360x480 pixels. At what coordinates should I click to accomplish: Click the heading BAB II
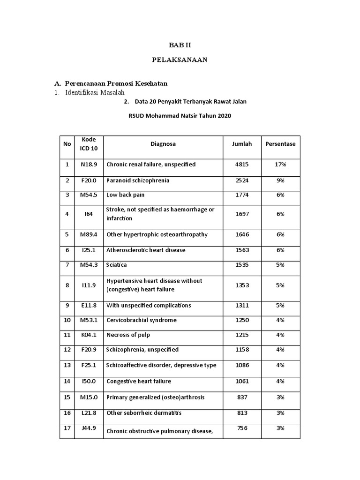tap(180, 45)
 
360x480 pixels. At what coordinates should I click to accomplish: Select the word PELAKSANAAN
tap(180, 60)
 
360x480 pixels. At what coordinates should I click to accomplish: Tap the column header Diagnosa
tap(163, 144)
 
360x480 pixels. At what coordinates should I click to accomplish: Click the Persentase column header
tap(280, 144)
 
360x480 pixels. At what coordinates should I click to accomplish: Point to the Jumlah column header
tap(241, 144)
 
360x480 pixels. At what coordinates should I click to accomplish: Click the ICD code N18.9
tap(89, 165)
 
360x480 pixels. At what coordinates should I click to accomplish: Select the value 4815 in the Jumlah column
tap(241, 165)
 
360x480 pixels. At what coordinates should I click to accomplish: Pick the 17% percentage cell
tap(280, 165)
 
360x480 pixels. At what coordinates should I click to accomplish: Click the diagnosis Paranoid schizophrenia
tap(138, 180)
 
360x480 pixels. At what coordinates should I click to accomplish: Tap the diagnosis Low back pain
tap(125, 195)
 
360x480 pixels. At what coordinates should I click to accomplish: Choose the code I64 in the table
tap(89, 214)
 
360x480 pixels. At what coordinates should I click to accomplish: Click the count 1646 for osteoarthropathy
tap(241, 234)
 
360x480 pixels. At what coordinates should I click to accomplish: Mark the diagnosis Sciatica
tap(117, 265)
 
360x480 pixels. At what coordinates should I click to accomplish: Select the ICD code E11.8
tap(89, 305)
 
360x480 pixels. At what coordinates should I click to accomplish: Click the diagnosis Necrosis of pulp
tap(129, 335)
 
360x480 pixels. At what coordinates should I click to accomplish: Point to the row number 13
tap(67, 365)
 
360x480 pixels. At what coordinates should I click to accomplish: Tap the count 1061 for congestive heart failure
tap(241, 381)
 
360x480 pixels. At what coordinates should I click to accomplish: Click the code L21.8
tap(89, 413)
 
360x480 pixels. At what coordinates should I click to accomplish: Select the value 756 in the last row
tap(241, 427)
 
